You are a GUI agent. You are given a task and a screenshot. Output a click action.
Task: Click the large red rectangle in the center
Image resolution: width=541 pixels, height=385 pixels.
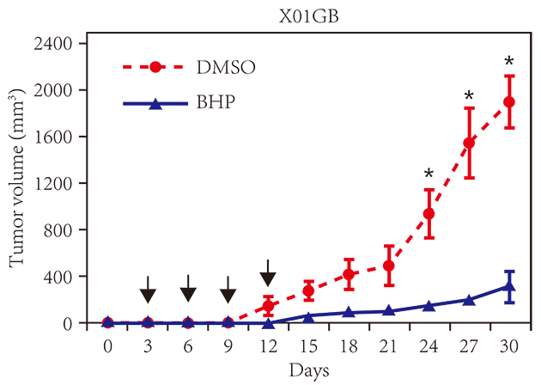[343, 172]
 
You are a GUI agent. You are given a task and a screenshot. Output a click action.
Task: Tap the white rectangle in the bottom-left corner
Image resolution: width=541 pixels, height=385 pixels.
[30, 348]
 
